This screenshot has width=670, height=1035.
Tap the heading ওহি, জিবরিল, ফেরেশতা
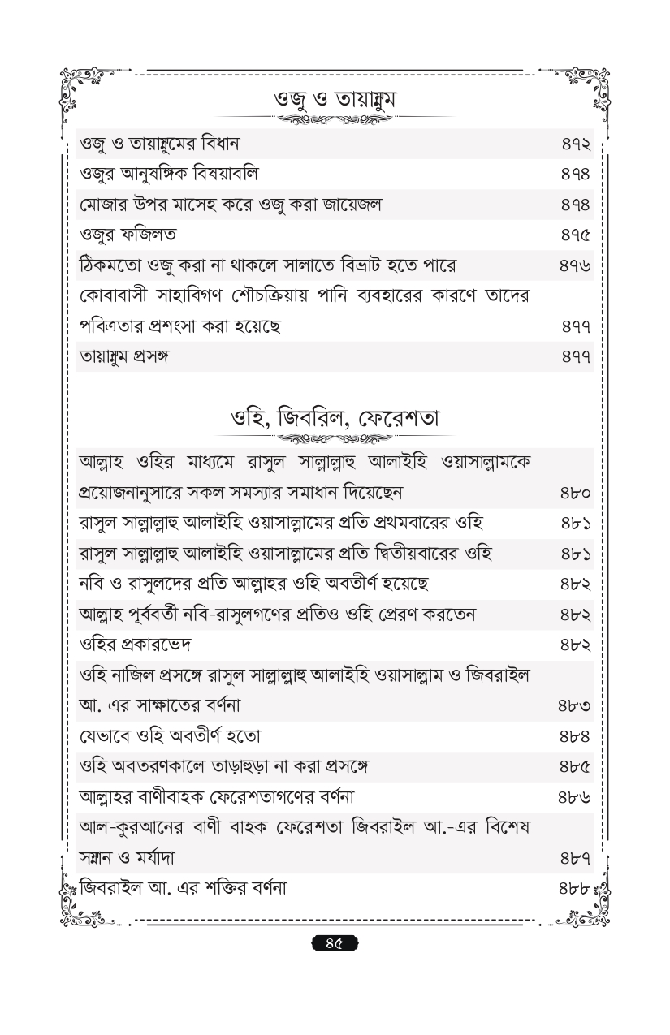coord(335,420)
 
